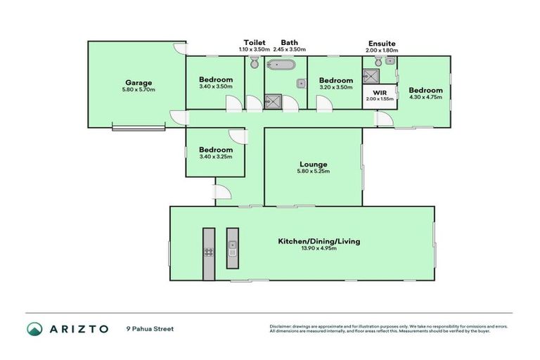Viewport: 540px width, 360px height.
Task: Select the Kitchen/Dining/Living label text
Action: [x=319, y=241]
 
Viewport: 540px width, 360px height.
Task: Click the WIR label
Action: [x=380, y=93]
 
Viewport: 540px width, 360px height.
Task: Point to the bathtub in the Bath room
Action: [x=281, y=68]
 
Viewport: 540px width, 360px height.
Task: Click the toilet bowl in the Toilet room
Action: [x=253, y=64]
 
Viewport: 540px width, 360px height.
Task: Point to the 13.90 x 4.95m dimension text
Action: [x=319, y=249]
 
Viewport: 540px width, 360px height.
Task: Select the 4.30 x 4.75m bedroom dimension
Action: [x=425, y=98]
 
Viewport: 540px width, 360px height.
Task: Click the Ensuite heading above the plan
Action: [x=381, y=43]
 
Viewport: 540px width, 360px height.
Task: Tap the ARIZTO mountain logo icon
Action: [x=35, y=328]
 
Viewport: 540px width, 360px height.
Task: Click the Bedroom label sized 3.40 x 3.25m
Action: [x=215, y=150]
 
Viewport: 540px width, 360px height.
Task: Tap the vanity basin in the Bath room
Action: [x=300, y=83]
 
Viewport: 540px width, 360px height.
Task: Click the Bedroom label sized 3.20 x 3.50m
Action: [x=335, y=80]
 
